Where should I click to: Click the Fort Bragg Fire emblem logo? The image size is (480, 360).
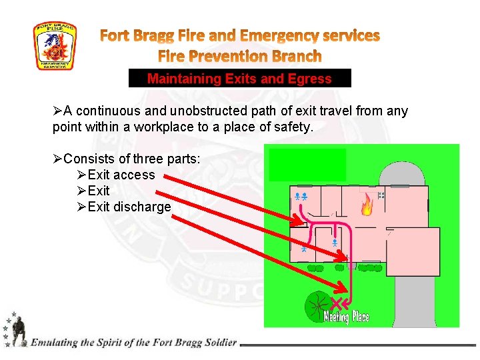click(x=55, y=46)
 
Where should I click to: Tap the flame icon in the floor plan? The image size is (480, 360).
click(x=367, y=205)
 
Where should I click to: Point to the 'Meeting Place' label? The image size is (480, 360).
click(x=346, y=317)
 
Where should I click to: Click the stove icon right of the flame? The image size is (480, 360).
click(x=381, y=196)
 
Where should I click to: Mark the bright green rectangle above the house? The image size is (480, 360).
click(x=307, y=165)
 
